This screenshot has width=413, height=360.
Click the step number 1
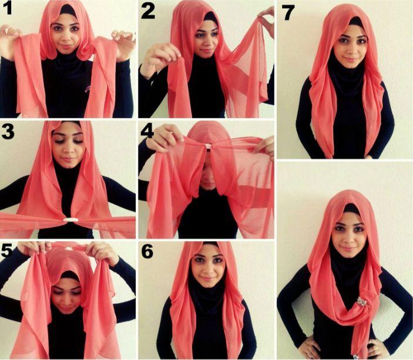[8, 8]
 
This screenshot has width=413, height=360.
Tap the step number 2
[148, 12]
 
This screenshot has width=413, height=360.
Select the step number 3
[8, 132]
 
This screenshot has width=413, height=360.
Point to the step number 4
[147, 132]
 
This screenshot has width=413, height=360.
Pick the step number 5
[7, 251]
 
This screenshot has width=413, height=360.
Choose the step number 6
[147, 251]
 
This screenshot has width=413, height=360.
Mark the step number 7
[288, 14]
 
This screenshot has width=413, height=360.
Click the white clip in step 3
[69, 220]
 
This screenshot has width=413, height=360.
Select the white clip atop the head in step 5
[69, 247]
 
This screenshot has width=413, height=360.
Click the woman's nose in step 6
[207, 269]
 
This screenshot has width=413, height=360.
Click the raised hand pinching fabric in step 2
[161, 59]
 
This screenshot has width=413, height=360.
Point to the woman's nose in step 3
[68, 150]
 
